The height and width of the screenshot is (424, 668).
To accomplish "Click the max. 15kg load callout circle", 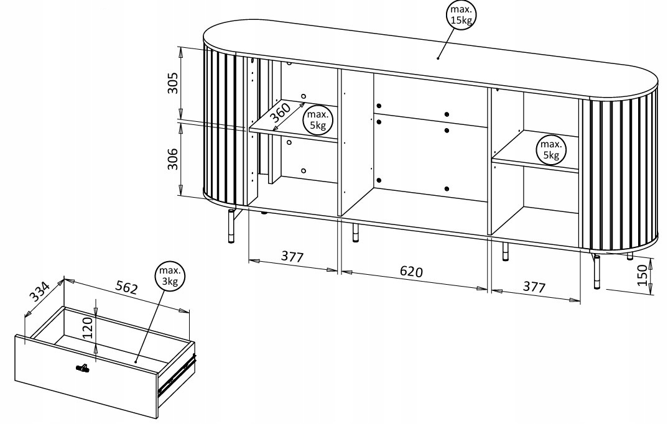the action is point(461,16).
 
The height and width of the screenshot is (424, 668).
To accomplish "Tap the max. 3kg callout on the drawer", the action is point(170,276).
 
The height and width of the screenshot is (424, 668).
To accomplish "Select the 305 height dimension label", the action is point(172,83).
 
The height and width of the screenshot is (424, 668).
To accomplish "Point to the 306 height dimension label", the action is point(172,159).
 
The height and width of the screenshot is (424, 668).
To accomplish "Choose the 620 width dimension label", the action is point(411,271).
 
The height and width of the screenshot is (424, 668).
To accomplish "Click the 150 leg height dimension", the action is point(642,275).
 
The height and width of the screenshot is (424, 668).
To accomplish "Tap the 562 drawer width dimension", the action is point(127,288).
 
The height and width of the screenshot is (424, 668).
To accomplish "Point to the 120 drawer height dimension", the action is point(87,328).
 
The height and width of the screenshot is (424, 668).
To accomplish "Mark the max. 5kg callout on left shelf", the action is point(317,119).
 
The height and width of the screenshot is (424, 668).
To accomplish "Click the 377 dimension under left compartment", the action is point(292,257).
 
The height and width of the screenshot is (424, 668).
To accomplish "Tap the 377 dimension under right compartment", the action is point(534,287).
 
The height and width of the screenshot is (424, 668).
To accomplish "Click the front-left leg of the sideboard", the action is point(231,226).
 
